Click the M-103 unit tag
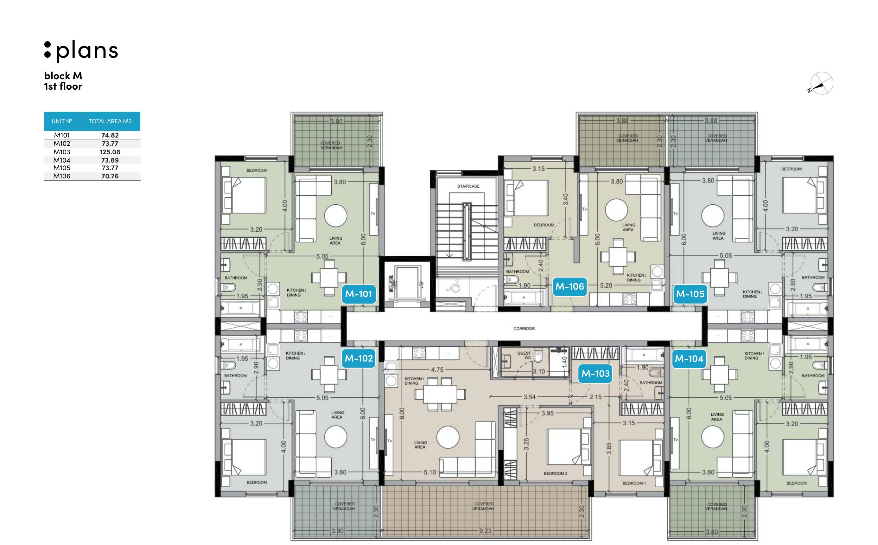[x=595, y=374]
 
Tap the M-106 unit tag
[x=569, y=286]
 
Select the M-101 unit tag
[x=359, y=294]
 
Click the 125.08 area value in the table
[x=110, y=152]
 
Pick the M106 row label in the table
[x=62, y=176]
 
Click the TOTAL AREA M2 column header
[x=110, y=121]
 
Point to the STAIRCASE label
[x=468, y=186]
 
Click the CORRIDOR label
[x=524, y=329]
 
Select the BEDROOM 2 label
[x=556, y=474]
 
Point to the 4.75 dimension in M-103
[x=437, y=369]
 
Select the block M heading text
[x=63, y=76]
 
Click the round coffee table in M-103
[x=448, y=437]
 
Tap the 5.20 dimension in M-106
[x=606, y=285]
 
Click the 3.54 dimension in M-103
[x=529, y=397]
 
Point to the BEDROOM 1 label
[x=634, y=483]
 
